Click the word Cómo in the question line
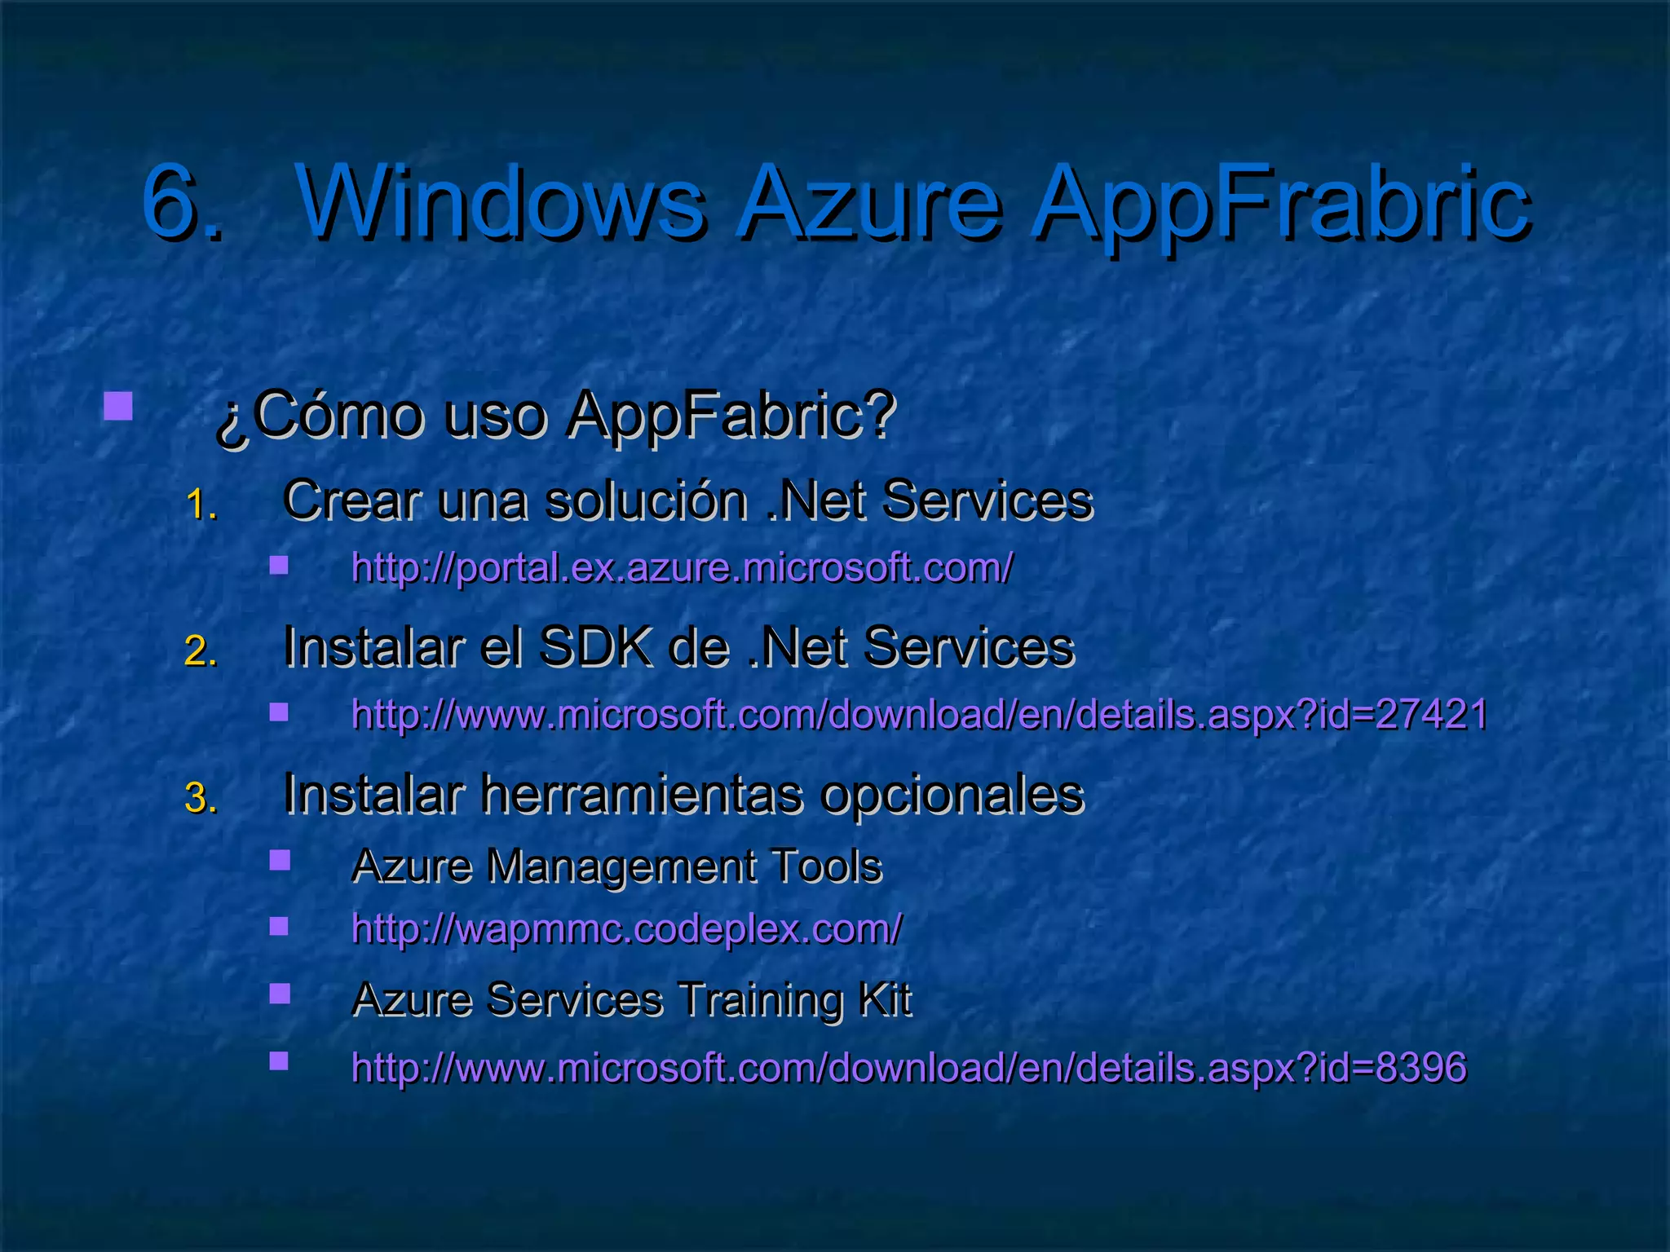(338, 416)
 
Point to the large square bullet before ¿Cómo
(118, 406)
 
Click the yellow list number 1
(201, 505)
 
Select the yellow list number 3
(201, 798)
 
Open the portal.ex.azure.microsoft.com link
(682, 567)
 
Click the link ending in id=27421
(919, 715)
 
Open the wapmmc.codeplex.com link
(626, 928)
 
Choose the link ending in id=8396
(908, 1068)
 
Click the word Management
(621, 866)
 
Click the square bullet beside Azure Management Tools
(280, 861)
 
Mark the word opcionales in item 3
(952, 795)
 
